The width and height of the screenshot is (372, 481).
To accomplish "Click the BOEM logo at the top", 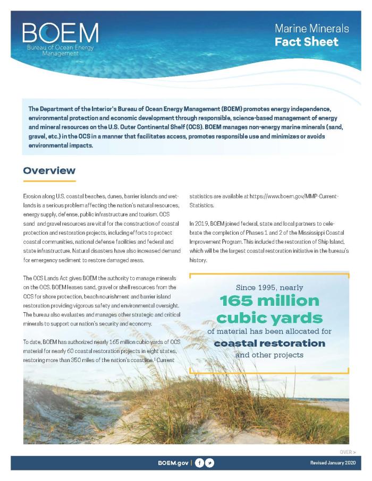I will (60, 33).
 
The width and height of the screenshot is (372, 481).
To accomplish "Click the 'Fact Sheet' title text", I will (306, 42).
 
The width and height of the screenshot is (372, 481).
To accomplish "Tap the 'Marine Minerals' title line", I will (311, 29).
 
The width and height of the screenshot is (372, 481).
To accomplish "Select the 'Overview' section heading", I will (49, 170).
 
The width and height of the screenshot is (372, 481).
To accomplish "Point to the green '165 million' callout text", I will (269, 301).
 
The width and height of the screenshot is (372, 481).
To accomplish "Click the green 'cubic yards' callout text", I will (269, 317).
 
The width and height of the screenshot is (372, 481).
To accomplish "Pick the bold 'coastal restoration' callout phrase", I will (269, 343).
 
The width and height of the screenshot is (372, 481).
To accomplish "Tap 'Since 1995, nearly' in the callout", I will (269, 287).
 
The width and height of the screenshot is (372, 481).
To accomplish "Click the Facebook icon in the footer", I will (199, 463).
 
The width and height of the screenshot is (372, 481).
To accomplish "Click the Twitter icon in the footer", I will (210, 463).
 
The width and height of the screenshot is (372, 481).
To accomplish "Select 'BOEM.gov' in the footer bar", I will (173, 463).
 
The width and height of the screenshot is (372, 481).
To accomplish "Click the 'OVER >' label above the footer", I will (347, 451).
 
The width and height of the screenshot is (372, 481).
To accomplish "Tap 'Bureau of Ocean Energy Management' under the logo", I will (60, 50).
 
